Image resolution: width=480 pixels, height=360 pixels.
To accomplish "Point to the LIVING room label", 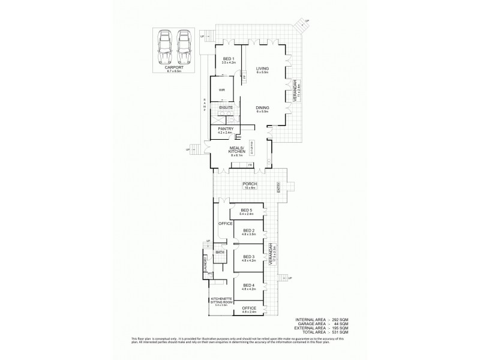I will (262, 69).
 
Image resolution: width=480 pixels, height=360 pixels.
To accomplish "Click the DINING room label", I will (262, 109).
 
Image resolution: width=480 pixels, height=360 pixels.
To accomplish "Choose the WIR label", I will (221, 90).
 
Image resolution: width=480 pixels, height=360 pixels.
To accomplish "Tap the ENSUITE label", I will (226, 107).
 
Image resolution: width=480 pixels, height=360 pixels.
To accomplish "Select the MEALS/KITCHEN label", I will (236, 151).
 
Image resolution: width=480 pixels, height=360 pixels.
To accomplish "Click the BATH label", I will (220, 253).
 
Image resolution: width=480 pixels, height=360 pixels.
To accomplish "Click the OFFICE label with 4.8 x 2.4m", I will (249, 310).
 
